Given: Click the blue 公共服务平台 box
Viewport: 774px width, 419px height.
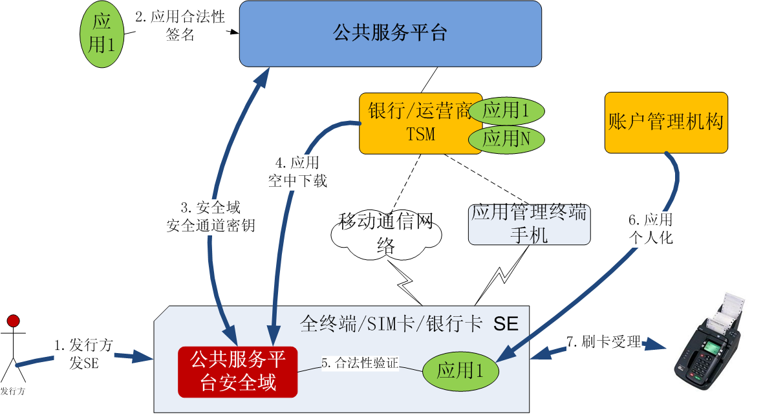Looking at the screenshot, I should [x=390, y=33].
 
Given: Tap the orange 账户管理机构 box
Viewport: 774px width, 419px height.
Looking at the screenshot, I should [x=666, y=122].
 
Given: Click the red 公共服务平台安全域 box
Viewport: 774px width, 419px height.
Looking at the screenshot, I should [x=237, y=372].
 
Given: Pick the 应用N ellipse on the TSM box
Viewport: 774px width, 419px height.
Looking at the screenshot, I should [x=507, y=138].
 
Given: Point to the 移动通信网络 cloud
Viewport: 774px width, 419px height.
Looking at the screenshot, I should [x=386, y=235].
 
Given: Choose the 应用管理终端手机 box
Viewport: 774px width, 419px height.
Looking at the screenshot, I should [x=529, y=224].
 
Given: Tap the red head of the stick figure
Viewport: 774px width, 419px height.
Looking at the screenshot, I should [x=13, y=320].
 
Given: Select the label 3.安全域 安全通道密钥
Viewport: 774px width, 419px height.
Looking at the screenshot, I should [x=210, y=217].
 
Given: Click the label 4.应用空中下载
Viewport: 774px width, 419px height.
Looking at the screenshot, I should [x=297, y=171].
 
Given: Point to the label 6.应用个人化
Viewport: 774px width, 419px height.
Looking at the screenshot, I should [x=650, y=228].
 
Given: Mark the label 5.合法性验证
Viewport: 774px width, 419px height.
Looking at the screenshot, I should [x=360, y=363].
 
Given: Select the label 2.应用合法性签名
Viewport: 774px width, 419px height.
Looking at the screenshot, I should [x=180, y=26].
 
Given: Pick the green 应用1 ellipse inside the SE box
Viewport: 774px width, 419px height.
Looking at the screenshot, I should [x=460, y=371].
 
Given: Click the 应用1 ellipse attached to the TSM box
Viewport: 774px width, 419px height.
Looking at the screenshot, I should [x=507, y=111].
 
